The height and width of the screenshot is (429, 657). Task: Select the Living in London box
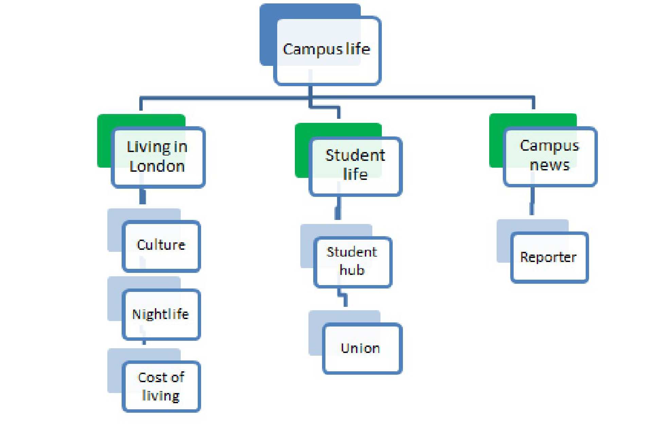[158, 157]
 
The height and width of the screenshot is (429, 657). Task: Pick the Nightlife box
[161, 314]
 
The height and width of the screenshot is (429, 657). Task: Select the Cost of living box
[161, 386]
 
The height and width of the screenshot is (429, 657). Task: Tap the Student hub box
[353, 262]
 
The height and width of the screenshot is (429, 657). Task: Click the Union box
[361, 348]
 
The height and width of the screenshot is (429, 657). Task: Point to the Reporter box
[549, 257]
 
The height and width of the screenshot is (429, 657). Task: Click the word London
[157, 167]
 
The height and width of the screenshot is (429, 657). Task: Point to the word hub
[352, 271]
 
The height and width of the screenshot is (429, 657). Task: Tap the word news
[549, 166]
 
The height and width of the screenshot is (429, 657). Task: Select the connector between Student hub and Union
[344, 297]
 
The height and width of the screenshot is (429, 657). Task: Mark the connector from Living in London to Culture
[143, 197]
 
